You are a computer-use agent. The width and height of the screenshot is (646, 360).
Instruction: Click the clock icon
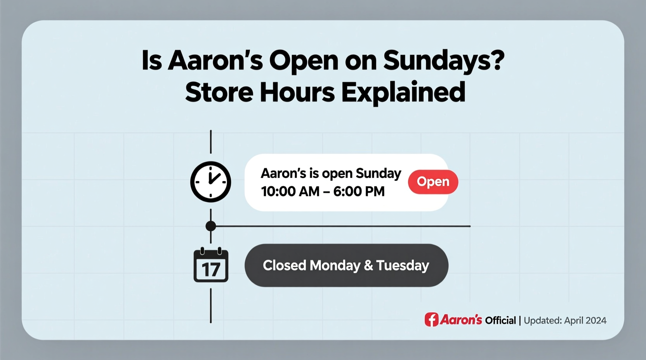point(210,182)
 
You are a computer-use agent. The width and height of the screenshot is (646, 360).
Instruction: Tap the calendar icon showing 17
point(211,265)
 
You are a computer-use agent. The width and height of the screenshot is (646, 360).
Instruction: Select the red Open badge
point(433,182)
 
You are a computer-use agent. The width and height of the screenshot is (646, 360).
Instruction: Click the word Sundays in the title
point(443,61)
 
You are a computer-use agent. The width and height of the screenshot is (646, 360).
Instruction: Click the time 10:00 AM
point(290,191)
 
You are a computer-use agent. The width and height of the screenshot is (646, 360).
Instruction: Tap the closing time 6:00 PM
point(359,191)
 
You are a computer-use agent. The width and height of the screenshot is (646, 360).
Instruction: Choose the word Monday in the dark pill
point(335,265)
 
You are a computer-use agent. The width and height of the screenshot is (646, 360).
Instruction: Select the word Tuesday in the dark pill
point(403,265)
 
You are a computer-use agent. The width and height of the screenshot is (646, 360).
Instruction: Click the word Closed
point(285,265)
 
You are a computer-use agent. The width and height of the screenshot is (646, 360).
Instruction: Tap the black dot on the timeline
point(211,226)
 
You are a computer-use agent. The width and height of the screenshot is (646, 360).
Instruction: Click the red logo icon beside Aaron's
point(431,320)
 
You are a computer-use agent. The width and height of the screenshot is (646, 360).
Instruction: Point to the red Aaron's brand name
point(461,320)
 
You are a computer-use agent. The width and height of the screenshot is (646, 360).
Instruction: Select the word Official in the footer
point(500,320)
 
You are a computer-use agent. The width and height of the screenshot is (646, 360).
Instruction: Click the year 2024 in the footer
point(596,320)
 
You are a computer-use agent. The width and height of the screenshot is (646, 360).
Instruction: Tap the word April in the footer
point(573,321)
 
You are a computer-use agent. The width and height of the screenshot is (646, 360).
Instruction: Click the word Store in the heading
point(219,92)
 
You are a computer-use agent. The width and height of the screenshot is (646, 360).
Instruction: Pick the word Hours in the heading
point(297,92)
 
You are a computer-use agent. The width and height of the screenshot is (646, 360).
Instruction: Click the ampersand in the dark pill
point(368,265)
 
